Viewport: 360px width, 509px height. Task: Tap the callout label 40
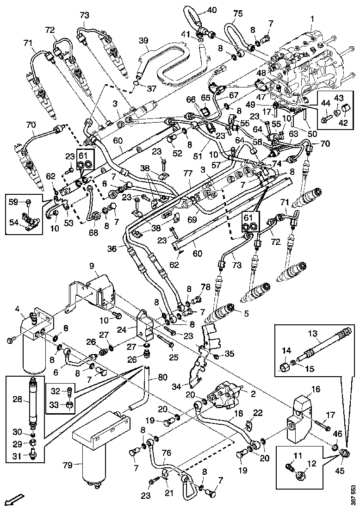coord(211,10)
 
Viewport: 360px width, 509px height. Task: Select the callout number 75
coord(237,14)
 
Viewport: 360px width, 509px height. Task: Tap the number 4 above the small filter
coord(17,309)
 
